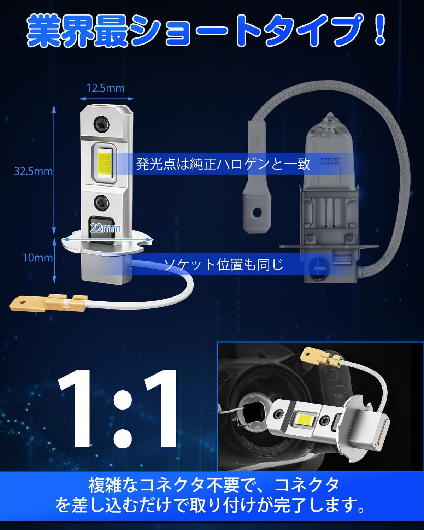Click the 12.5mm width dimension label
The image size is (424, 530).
tap(105, 88)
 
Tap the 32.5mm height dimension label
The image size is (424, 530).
tap(34, 171)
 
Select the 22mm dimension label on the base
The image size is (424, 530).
tap(106, 229)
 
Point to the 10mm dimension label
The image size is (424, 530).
tap(38, 258)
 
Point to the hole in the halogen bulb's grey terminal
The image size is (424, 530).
tap(257, 211)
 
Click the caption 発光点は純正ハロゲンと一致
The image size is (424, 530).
tap(223, 164)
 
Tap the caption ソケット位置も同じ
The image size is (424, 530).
tap(223, 265)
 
